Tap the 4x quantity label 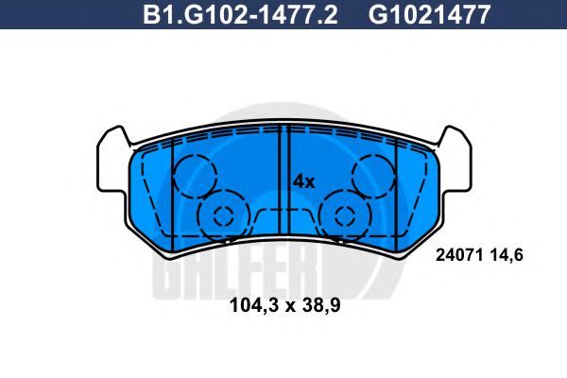(x=302, y=180)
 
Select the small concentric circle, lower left (x=223, y=215)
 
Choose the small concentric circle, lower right (x=345, y=215)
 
